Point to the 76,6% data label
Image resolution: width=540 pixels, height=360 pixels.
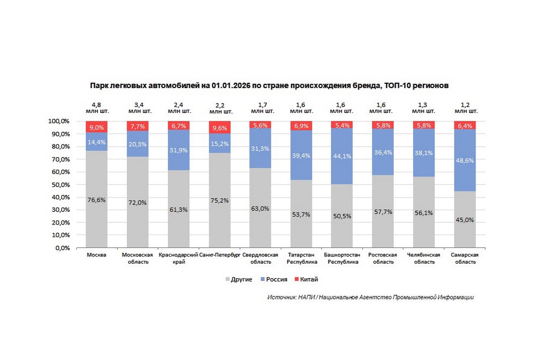tap(96, 200)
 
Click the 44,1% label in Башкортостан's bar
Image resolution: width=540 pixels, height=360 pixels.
tap(342, 157)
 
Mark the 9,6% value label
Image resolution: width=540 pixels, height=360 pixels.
tap(220, 128)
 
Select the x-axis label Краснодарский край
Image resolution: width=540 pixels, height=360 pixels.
tap(179, 258)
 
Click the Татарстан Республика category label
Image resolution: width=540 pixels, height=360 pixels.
tap(301, 258)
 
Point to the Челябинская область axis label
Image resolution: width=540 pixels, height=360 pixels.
tap(423, 258)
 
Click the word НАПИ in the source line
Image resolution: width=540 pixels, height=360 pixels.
tap(307, 297)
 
